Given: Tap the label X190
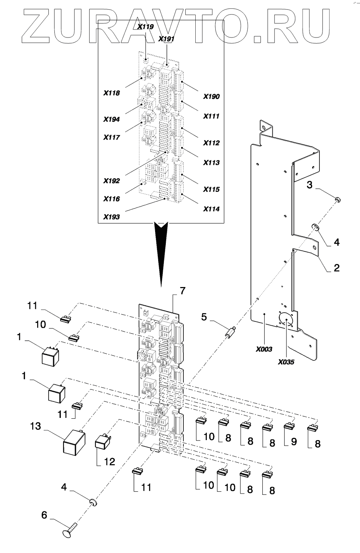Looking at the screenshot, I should pyautogui.click(x=211, y=96).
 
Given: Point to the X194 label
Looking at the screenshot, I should pyautogui.click(x=111, y=119).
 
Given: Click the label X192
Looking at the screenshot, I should pyautogui.click(x=111, y=181).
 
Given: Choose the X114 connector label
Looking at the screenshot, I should pyautogui.click(x=211, y=209).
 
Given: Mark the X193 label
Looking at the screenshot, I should pyautogui.click(x=111, y=217).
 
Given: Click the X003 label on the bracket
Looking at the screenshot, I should pyautogui.click(x=264, y=349).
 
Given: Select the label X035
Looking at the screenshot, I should pyautogui.click(x=286, y=362).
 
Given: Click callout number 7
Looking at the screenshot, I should pyautogui.click(x=183, y=291).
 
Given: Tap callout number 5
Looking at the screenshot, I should pyautogui.click(x=204, y=316).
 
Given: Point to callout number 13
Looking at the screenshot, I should pyautogui.click(x=36, y=426).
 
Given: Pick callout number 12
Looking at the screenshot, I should pyautogui.click(x=110, y=462).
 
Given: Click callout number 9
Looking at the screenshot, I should pyautogui.click(x=294, y=442).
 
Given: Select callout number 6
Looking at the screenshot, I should pyautogui.click(x=44, y=515).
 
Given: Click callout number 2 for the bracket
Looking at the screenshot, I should pyautogui.click(x=336, y=268).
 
